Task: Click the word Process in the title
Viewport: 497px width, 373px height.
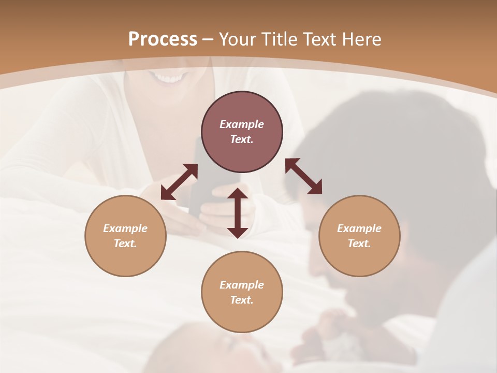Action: pos(163,39)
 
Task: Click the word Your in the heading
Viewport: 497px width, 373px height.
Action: pos(239,39)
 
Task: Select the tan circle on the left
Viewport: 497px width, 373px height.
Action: pos(125,236)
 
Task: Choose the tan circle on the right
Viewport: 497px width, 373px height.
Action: pos(359,236)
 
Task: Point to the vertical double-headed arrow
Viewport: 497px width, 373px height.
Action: pos(238,213)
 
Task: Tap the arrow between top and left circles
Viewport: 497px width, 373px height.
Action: pos(179,182)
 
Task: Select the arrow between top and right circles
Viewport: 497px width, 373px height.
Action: pos(303,176)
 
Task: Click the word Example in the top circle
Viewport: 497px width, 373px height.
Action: pos(242,124)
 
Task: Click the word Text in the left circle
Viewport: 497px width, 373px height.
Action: pos(125,243)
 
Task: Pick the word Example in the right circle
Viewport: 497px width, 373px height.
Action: pos(359,228)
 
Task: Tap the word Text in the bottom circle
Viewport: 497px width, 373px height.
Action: pos(242,300)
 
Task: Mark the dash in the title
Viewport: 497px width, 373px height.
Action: pos(208,39)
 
